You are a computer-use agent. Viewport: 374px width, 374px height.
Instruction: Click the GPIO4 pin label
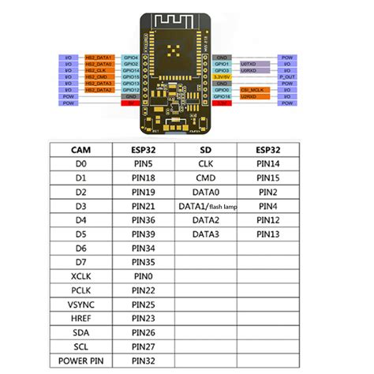coord(132,58)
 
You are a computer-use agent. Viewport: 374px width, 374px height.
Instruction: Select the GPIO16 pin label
coord(223,96)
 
